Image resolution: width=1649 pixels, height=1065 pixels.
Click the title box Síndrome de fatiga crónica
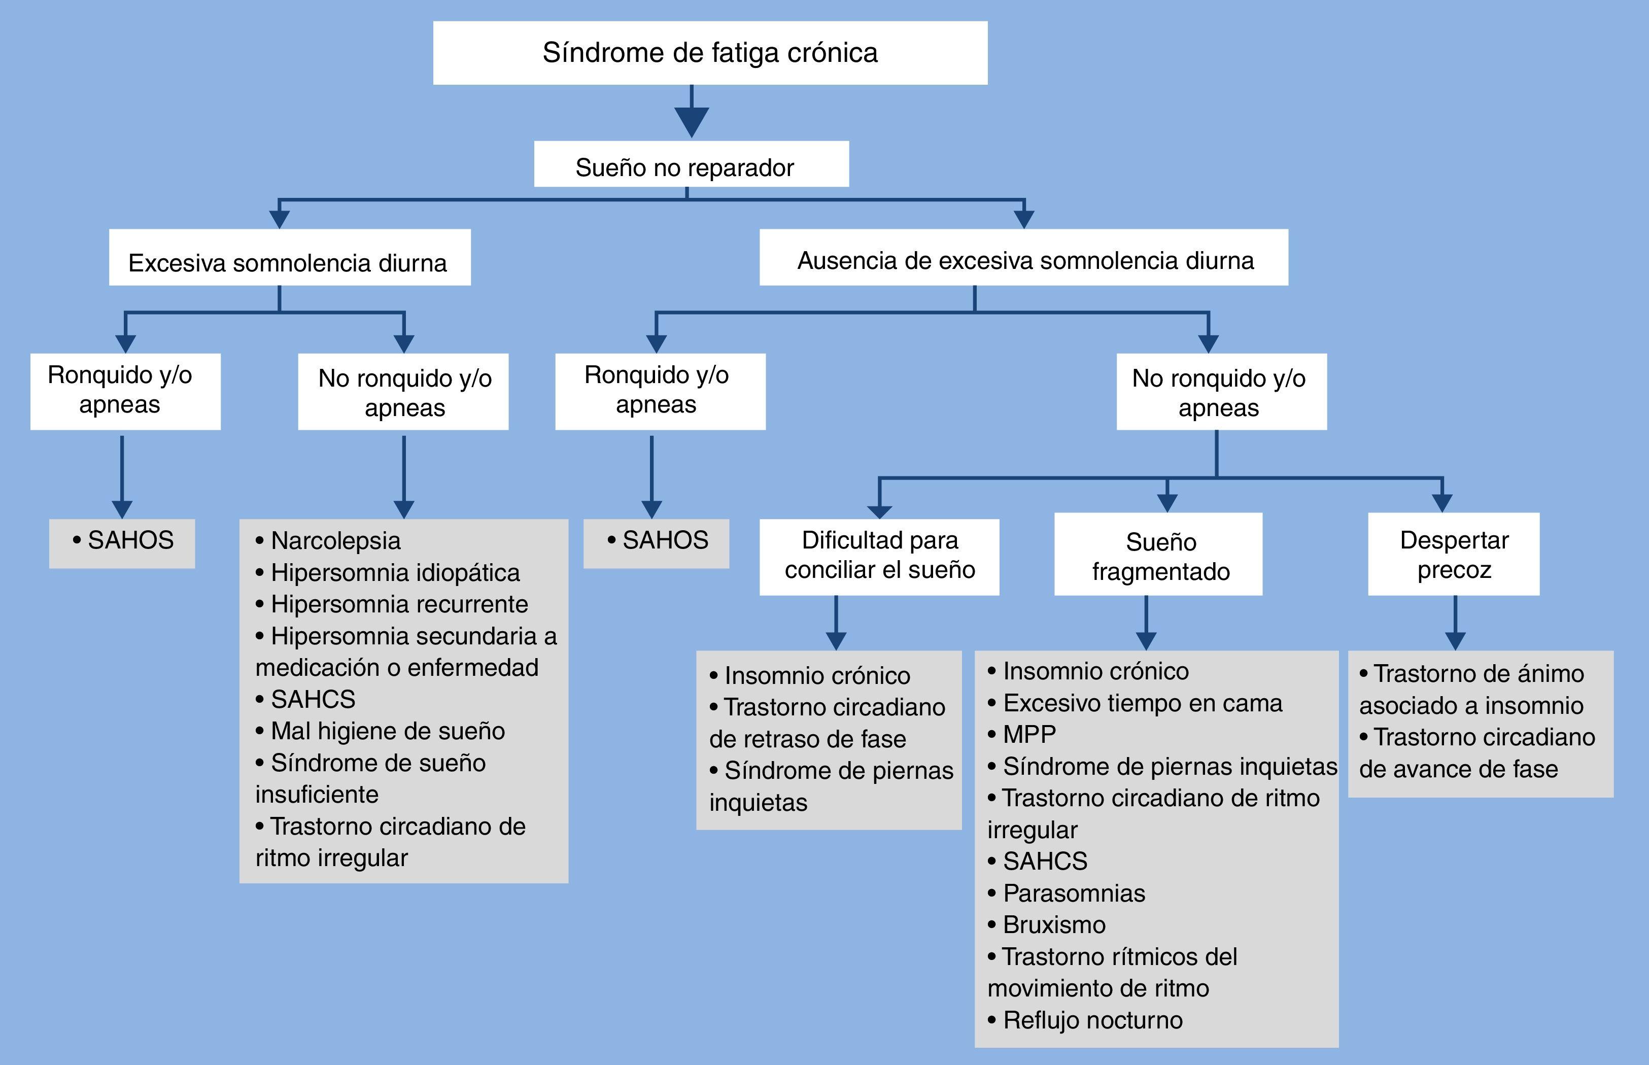tap(710, 53)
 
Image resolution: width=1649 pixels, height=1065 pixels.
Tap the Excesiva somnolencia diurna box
tap(289, 258)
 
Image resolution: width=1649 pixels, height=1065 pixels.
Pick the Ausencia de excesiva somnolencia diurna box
tap(1023, 258)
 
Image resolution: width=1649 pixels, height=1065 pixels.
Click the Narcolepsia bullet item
tap(335, 541)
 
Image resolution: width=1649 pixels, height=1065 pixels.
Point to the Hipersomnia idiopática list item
tap(395, 573)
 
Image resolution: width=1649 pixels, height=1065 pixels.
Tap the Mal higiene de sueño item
tap(387, 731)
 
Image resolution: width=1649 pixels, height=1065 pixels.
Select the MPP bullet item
tap(1029, 734)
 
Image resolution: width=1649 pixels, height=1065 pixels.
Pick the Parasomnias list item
tap(1074, 894)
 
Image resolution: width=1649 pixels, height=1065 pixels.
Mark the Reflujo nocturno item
tap(1092, 1020)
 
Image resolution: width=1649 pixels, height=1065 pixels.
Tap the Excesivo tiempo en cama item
tap(1142, 703)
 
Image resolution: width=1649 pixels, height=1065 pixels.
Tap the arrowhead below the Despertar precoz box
tap(1455, 640)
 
